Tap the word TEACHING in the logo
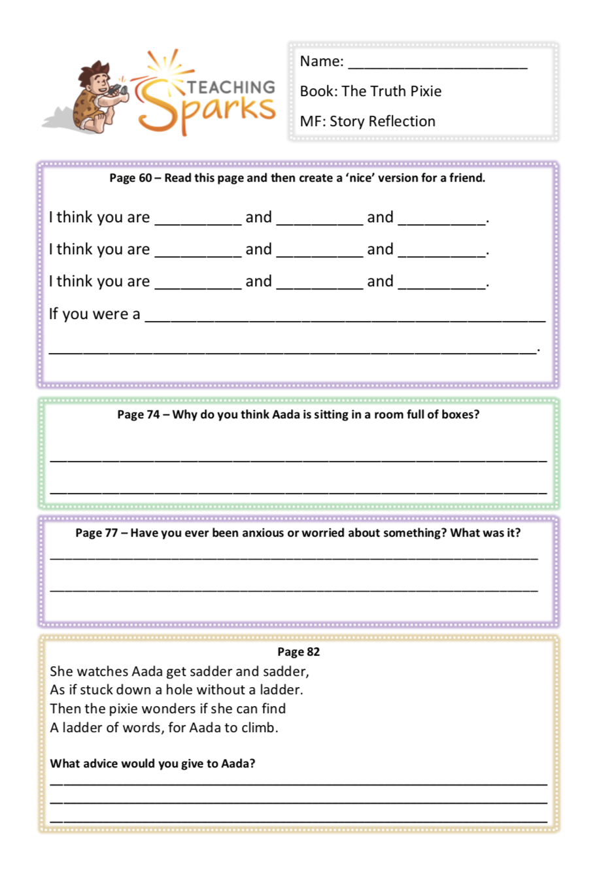coord(231,88)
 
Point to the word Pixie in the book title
coord(426,91)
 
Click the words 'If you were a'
coord(94,314)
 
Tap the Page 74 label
coord(138,414)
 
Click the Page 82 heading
coord(298,652)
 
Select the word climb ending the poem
coord(260,728)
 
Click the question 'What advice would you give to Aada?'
coord(152,764)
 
